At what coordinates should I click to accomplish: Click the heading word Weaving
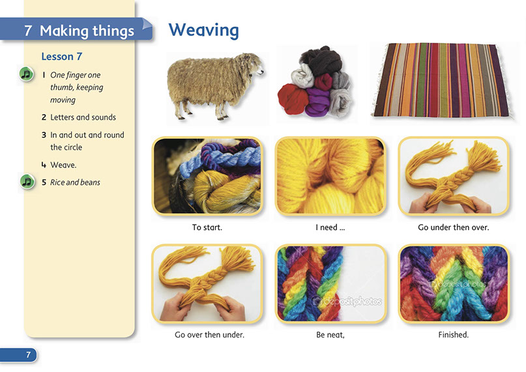coord(203,31)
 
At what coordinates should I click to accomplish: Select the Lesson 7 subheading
coord(62,56)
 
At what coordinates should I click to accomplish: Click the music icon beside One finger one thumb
coord(27,74)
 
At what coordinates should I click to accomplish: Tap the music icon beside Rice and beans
coord(27,182)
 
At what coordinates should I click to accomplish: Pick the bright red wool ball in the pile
coord(293,98)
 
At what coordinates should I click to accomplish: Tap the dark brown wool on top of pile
coord(321,60)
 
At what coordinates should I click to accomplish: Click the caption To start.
coord(207,227)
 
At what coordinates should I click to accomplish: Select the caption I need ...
coord(330,227)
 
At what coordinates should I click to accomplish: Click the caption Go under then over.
coord(454,227)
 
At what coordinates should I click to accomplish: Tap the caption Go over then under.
coord(209,335)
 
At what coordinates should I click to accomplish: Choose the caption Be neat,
coord(330,335)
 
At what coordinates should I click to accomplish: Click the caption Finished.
coord(454,335)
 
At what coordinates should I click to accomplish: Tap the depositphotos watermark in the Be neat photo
coord(347,301)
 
